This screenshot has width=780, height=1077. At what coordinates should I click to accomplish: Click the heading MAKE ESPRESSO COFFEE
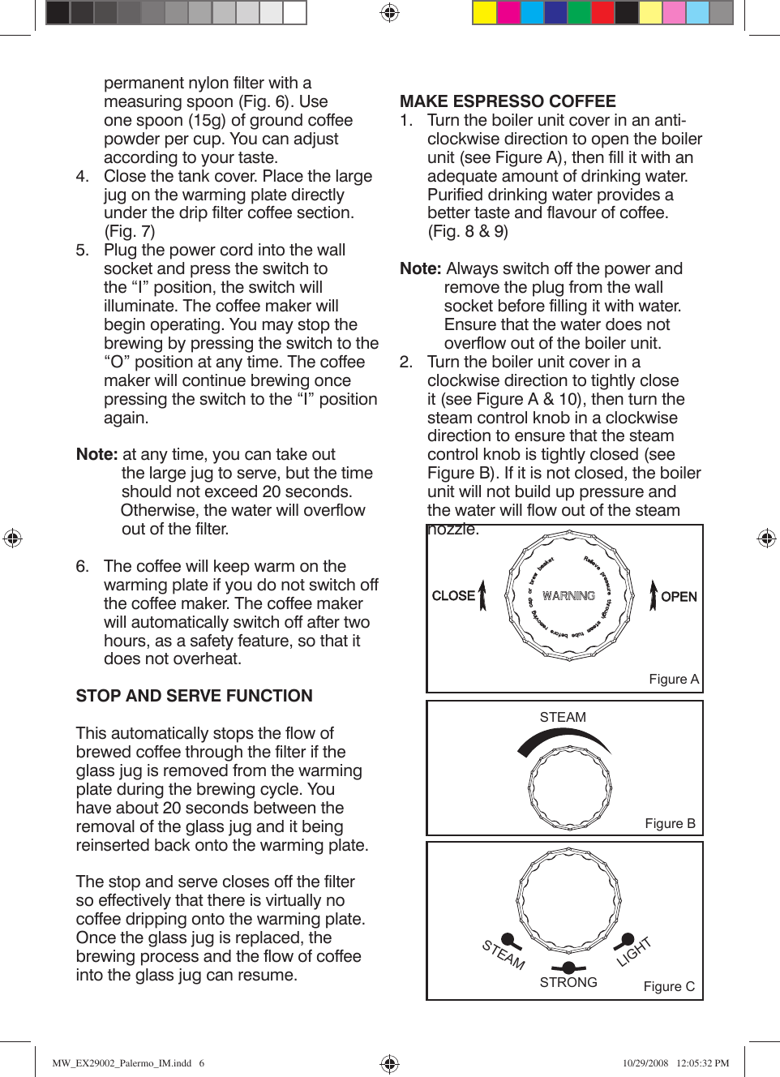[508, 101]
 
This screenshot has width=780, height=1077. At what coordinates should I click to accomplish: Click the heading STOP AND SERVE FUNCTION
[194, 696]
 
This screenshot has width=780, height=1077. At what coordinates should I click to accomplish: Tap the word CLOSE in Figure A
[453, 596]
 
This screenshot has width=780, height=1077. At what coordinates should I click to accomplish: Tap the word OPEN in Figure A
[679, 597]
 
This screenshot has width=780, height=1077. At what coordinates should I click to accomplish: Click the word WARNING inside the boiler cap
[568, 596]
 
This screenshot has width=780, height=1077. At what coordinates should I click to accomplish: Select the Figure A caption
[673, 680]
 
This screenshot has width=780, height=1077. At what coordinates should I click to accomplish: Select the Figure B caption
[670, 824]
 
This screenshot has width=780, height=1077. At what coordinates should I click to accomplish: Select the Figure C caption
[669, 987]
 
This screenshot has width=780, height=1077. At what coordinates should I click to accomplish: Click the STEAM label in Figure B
[563, 718]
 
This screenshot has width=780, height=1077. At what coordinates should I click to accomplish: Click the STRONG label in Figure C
[568, 983]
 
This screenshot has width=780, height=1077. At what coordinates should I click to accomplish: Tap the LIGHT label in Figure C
[634, 952]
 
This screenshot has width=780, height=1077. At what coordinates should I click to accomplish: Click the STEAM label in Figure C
[504, 955]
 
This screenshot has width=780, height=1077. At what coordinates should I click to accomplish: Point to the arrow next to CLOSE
[482, 595]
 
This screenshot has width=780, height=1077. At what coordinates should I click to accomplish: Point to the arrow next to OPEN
[654, 595]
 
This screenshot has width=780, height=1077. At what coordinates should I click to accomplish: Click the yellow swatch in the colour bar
[484, 12]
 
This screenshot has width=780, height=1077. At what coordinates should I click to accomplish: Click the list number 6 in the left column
[82, 566]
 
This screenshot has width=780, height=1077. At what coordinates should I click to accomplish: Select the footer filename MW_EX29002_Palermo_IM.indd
[122, 1063]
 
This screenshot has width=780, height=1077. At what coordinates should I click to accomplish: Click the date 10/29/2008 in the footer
[645, 1063]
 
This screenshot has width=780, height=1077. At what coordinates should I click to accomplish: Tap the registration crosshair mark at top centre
[390, 12]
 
